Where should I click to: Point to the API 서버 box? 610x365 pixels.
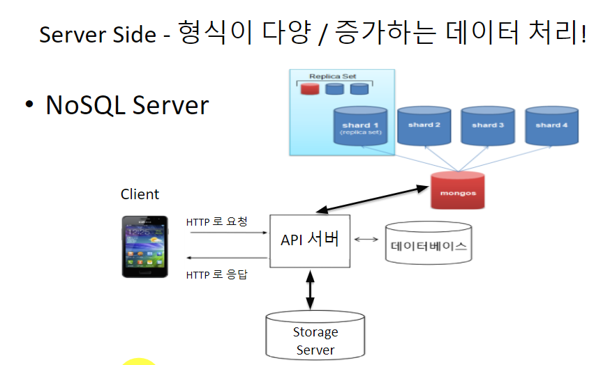pyautogui.click(x=309, y=240)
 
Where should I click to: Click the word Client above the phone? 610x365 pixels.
pyautogui.click(x=140, y=194)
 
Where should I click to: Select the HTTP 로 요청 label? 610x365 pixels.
pyautogui.click(x=216, y=222)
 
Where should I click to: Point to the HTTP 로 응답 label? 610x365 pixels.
pyautogui.click(x=216, y=274)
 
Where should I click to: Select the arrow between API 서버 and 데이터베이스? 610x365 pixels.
pyautogui.click(x=366, y=239)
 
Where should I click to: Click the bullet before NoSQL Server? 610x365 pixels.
pyautogui.click(x=29, y=104)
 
